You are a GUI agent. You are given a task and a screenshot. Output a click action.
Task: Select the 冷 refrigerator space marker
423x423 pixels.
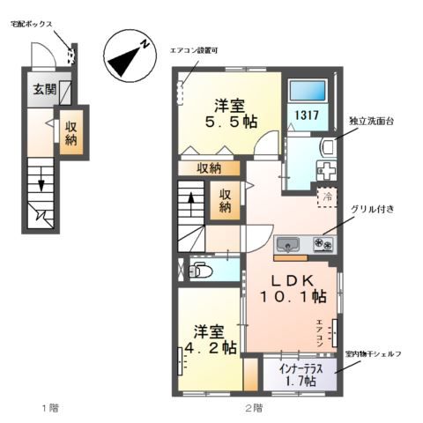coord(326,196)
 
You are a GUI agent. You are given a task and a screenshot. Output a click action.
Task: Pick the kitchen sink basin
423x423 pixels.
coord(289,244)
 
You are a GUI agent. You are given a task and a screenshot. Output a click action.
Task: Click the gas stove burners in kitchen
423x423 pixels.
coord(321,244)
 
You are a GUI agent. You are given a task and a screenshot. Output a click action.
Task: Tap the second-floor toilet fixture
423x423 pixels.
coord(197,271)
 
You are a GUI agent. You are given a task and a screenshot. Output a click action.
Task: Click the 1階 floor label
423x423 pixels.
coord(48,407)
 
